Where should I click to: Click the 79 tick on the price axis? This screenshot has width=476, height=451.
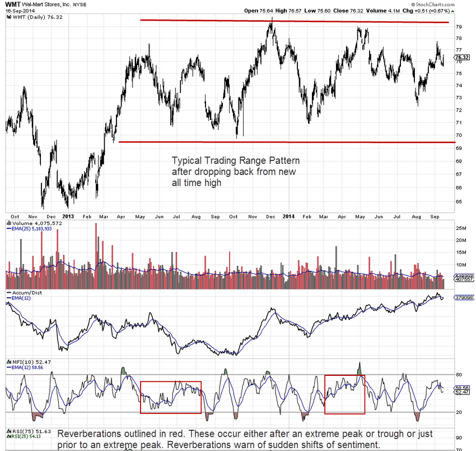(459, 27)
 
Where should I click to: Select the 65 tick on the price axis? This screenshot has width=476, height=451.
(459, 201)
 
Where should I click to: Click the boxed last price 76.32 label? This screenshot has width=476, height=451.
(462, 57)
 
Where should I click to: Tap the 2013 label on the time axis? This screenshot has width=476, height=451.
(68, 216)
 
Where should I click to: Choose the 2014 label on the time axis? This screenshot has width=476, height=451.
(289, 216)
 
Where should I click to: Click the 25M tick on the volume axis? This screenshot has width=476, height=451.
(461, 228)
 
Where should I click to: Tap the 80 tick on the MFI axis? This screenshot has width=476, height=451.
(459, 375)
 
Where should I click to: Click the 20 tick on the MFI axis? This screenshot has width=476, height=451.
(459, 412)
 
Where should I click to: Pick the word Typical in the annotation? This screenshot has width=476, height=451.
(185, 160)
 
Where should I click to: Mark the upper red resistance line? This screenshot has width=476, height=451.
(302, 21)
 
